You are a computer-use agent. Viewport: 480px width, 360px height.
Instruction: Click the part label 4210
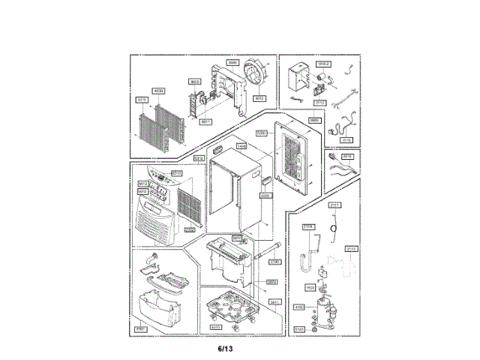click(x=142, y=98)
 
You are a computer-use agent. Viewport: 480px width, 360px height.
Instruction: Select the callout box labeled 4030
click(x=158, y=90)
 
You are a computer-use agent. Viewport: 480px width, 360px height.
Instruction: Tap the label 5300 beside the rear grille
click(x=262, y=133)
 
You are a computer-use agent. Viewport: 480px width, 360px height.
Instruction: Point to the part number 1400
click(x=241, y=146)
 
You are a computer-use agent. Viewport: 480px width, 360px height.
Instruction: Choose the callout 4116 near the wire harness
click(x=346, y=139)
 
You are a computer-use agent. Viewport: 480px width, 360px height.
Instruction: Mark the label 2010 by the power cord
click(x=347, y=157)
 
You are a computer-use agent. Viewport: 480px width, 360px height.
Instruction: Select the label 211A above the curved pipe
click(x=307, y=226)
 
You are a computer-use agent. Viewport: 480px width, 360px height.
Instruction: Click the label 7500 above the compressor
click(x=310, y=287)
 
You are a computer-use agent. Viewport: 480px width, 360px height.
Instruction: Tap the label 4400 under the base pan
click(x=215, y=327)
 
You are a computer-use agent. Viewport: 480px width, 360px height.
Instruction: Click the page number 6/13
click(x=226, y=349)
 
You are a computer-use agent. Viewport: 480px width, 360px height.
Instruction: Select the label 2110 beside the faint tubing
click(x=352, y=248)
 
